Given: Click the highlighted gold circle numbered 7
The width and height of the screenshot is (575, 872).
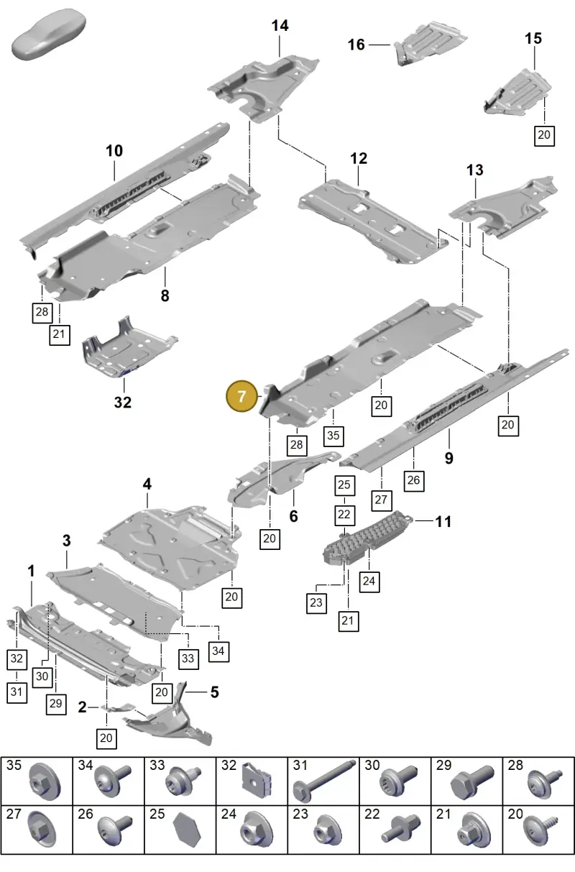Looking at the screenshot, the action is [241, 397].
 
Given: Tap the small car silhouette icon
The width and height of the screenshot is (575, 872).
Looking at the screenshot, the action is [48, 35].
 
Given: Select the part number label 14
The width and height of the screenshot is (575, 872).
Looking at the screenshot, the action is [280, 26].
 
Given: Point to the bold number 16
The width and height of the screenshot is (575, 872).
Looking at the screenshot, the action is [356, 45].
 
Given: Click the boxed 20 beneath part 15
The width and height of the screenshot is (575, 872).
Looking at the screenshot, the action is [544, 135].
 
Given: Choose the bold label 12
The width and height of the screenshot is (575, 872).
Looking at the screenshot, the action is [359, 158].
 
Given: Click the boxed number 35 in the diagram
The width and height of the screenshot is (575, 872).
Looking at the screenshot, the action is [333, 436].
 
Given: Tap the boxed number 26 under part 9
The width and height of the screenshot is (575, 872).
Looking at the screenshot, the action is [413, 480].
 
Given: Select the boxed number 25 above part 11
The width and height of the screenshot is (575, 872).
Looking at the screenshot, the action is [344, 485].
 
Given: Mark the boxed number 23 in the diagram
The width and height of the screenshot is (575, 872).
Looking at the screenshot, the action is [316, 602].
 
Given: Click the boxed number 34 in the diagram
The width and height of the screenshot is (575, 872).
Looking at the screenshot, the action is [218, 651].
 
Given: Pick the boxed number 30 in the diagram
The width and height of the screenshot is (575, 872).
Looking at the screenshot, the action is [42, 676].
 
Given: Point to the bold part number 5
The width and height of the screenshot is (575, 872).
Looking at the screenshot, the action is [214, 692].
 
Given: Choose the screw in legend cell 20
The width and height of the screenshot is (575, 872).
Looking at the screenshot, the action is [540, 831].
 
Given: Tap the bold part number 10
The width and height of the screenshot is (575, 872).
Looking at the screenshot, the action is [114, 151].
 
